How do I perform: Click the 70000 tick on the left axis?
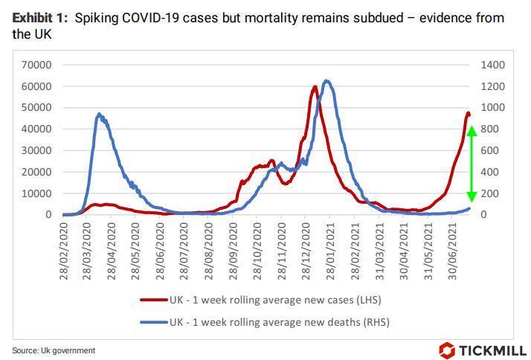35,65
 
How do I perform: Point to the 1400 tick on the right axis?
492,65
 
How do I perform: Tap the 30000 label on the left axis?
35,150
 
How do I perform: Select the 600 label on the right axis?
489,150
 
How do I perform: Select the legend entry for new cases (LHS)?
264,300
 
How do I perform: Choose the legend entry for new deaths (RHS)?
264,322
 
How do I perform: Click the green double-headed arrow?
471,164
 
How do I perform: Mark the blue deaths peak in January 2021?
326,81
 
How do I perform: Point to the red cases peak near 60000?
315,87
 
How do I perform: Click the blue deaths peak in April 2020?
99,115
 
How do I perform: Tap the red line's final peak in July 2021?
468,113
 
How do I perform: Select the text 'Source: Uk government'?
54,350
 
